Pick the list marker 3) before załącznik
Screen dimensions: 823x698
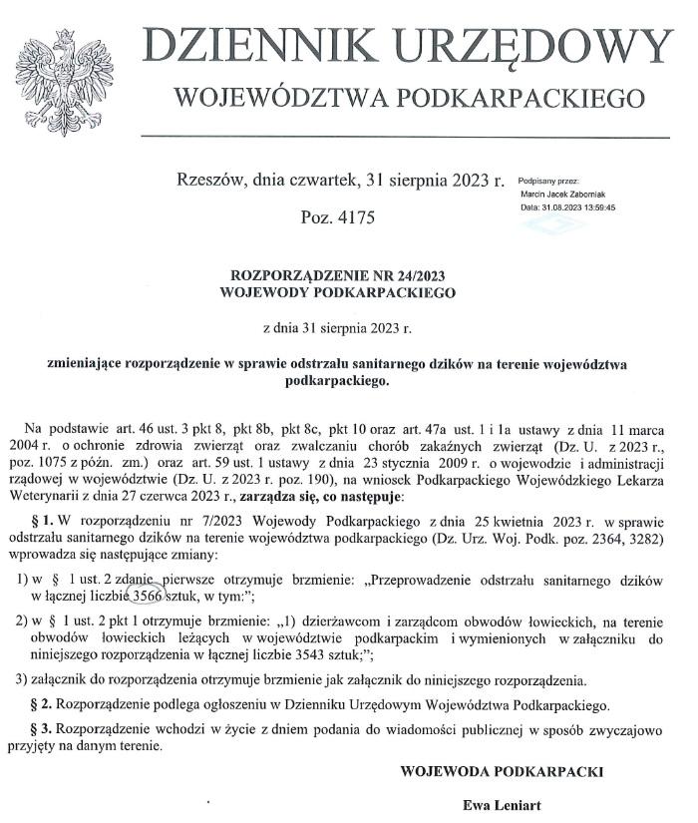(x=21, y=680)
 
